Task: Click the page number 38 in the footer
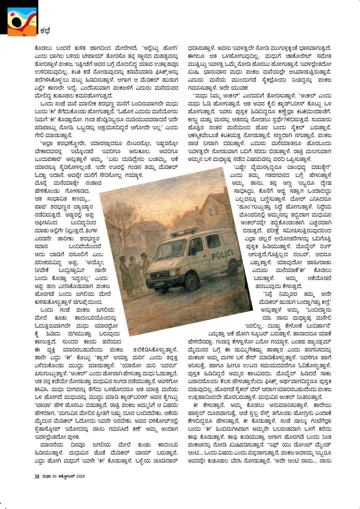click(37, 477)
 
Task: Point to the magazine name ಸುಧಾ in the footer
click(46, 477)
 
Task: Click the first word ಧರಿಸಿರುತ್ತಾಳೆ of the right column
click(201, 47)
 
